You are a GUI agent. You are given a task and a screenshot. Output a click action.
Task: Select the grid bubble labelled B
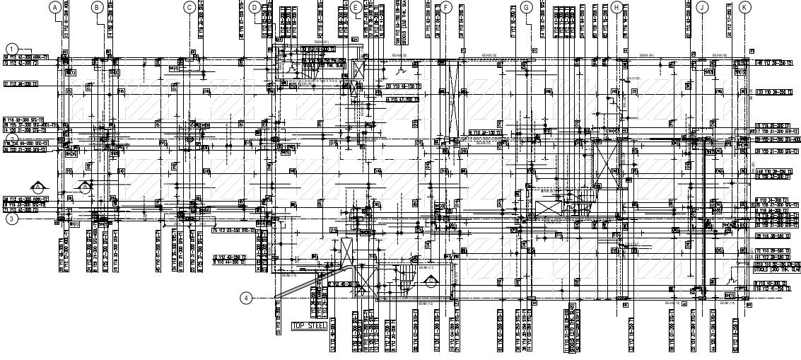pyautogui.click(x=98, y=7)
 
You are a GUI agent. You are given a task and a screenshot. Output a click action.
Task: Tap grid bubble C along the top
pyautogui.click(x=189, y=7)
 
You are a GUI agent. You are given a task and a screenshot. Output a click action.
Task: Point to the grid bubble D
pyautogui.click(x=255, y=7)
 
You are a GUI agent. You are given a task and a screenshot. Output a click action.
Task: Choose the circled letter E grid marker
pyautogui.click(x=356, y=7)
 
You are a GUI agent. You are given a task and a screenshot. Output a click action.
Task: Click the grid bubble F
pyautogui.click(x=445, y=7)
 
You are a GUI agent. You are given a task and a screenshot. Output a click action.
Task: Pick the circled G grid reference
pyautogui.click(x=526, y=7)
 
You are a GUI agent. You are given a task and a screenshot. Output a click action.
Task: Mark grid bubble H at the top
pyautogui.click(x=616, y=7)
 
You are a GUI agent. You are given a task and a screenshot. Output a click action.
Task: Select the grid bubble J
pyautogui.click(x=701, y=7)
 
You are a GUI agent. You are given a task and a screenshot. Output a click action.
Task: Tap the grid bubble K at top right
pyautogui.click(x=745, y=7)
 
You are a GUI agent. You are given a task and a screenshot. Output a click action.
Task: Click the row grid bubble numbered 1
pyautogui.click(x=11, y=49)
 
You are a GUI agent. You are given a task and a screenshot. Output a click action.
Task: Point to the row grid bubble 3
pyautogui.click(x=11, y=219)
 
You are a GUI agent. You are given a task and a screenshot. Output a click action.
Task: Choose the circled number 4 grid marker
pyautogui.click(x=245, y=298)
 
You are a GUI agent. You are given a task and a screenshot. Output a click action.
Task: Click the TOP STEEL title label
pyautogui.click(x=310, y=326)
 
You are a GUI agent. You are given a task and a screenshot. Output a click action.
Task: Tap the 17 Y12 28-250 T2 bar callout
pyautogui.click(x=21, y=84)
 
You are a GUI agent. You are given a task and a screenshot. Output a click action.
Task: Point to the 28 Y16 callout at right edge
pyautogui.click(x=772, y=236)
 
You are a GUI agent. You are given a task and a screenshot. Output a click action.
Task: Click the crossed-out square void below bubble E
pyautogui.click(x=359, y=69)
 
